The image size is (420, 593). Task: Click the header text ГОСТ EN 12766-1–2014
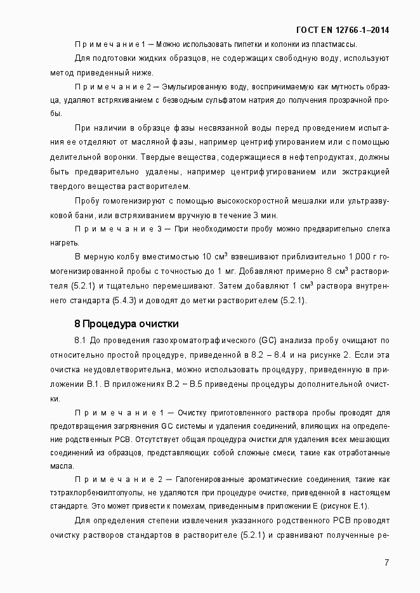pyautogui.click(x=343, y=30)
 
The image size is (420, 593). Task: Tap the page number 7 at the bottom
pyautogui.click(x=386, y=562)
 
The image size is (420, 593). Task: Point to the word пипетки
pyautogui.click(x=244, y=44)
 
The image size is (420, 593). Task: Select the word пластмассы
pyautogui.click(x=334, y=44)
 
